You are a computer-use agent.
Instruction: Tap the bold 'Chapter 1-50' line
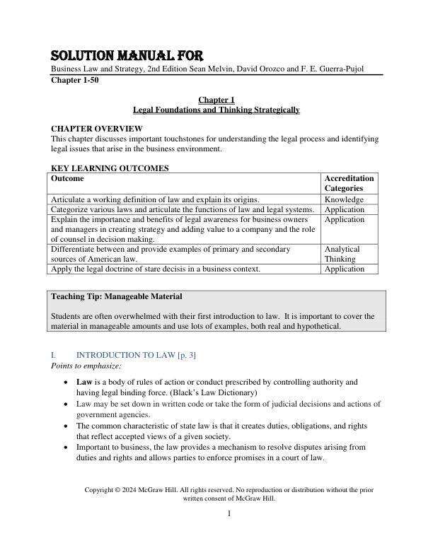(x=74, y=81)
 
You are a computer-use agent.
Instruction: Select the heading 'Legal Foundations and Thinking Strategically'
(x=216, y=110)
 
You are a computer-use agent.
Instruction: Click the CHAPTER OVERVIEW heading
(x=97, y=129)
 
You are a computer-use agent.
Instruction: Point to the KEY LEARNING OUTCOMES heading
(x=110, y=168)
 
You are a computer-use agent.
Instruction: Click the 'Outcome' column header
(x=68, y=179)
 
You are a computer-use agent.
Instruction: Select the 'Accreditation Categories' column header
(x=349, y=184)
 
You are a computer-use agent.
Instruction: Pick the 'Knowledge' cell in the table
(x=344, y=200)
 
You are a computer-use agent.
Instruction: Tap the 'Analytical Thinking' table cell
(x=342, y=254)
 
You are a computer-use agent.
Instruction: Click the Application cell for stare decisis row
(x=345, y=269)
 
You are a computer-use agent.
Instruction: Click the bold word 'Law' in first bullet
(x=84, y=382)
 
